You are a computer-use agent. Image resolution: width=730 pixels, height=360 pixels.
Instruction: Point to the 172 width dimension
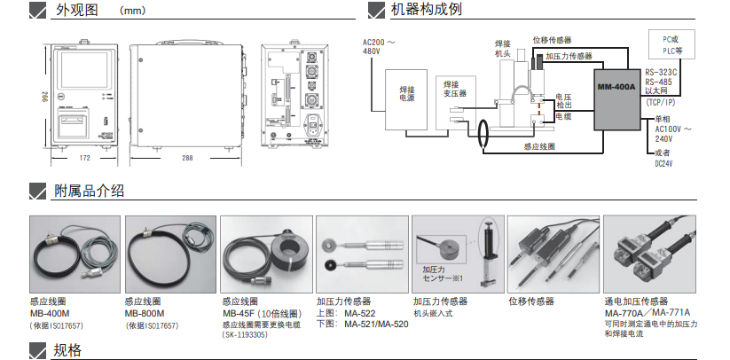click(x=84, y=158)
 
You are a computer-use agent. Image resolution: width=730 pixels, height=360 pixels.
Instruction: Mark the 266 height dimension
click(x=43, y=95)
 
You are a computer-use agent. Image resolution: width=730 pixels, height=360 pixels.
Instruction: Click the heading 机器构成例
click(x=426, y=11)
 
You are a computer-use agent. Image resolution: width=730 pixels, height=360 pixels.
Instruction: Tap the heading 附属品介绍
click(x=89, y=192)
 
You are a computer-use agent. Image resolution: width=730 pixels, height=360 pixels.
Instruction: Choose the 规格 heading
click(x=67, y=350)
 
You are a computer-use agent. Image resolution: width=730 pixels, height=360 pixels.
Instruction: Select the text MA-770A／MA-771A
click(x=647, y=313)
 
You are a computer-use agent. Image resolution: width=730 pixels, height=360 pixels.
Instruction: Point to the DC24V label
click(x=664, y=163)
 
